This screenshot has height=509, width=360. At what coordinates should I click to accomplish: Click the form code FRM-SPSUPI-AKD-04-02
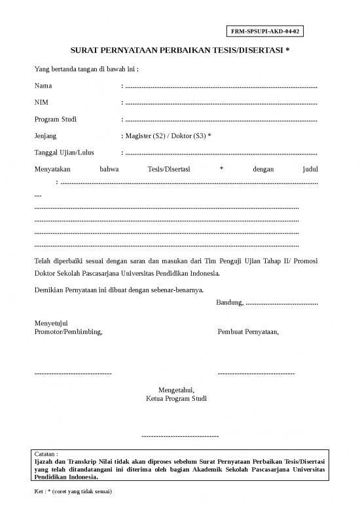tap(267, 31)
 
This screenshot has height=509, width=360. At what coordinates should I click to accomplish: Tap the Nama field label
tap(43, 86)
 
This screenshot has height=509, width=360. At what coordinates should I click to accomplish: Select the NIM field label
tap(41, 102)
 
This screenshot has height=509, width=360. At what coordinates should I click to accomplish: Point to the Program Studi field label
tap(55, 119)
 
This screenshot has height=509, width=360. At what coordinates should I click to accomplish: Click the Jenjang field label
tap(45, 136)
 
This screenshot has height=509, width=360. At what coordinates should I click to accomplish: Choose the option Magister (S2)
tap(145, 136)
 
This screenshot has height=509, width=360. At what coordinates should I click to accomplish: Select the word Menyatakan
tap(52, 169)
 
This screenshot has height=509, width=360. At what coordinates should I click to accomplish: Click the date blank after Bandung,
tap(281, 303)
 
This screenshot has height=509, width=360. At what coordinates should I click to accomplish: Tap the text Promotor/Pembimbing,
tap(68, 332)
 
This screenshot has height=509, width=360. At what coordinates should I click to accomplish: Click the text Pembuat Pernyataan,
tap(247, 332)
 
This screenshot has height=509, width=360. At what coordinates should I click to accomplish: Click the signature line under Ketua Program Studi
tap(180, 436)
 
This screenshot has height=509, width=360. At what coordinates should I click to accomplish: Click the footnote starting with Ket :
tap(73, 491)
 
